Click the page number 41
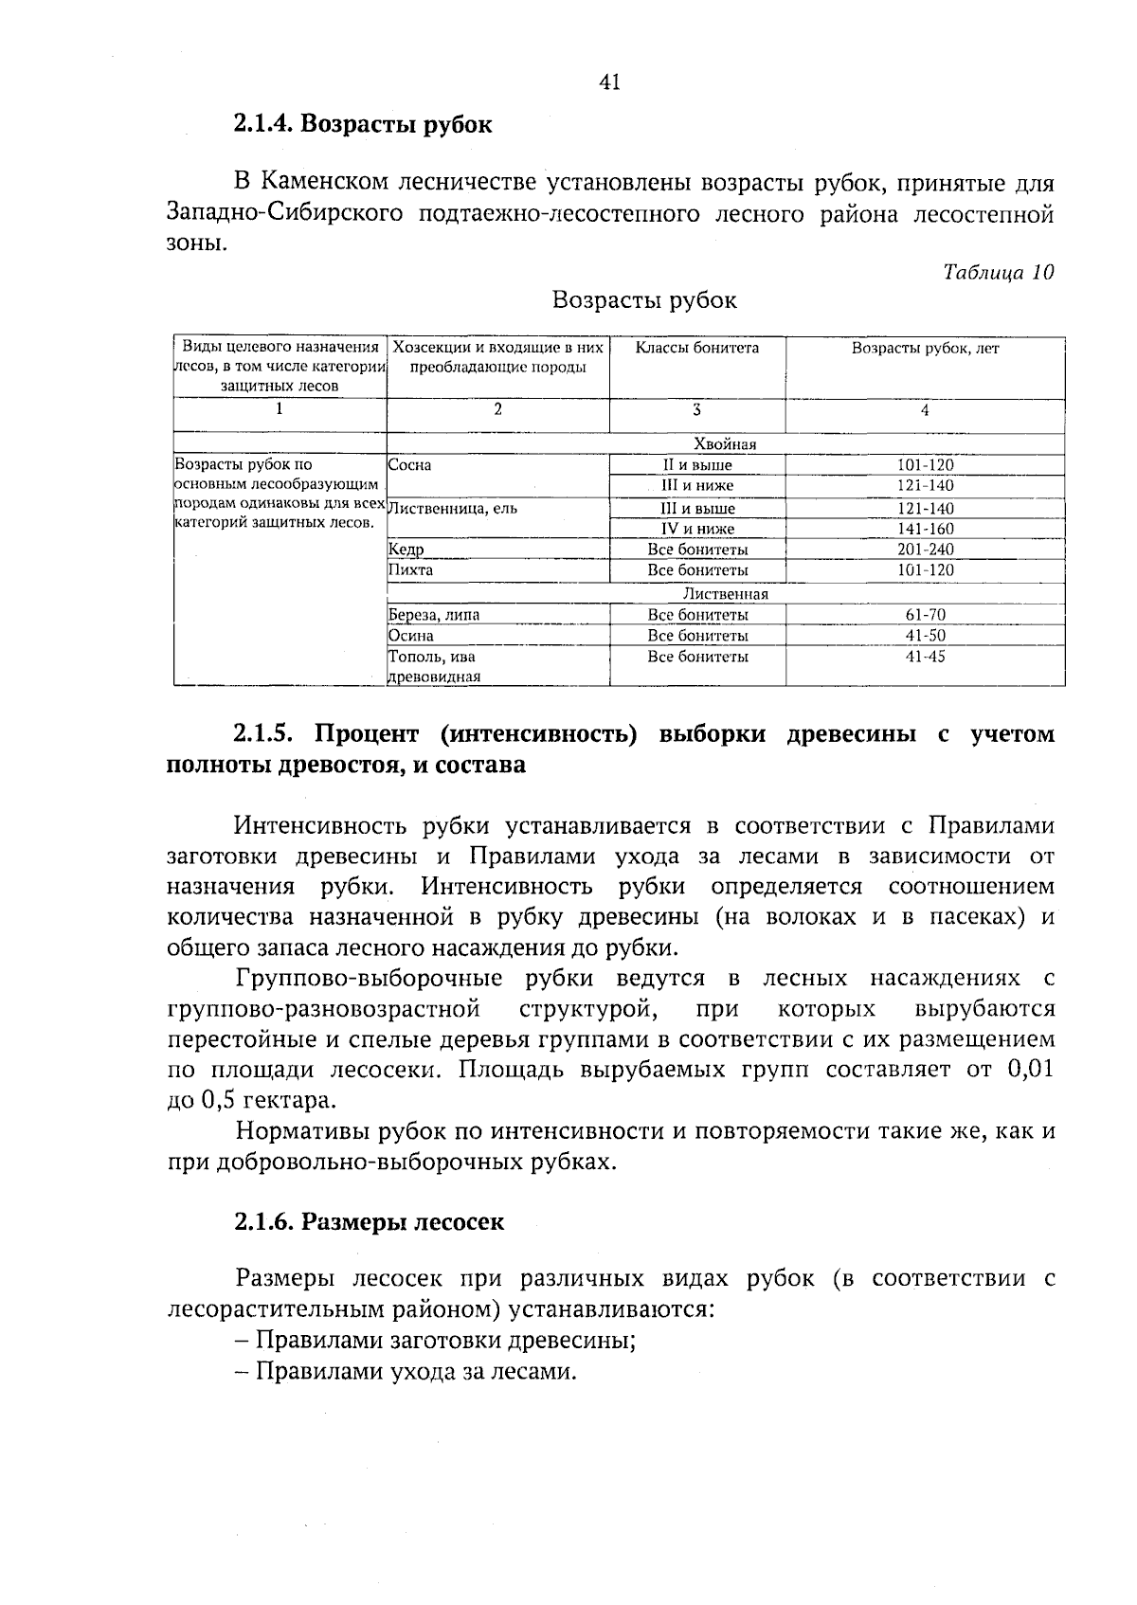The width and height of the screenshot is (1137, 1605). pos(609,82)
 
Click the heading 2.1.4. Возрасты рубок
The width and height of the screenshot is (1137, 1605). pos(363,124)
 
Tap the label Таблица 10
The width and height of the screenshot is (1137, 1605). pos(998,273)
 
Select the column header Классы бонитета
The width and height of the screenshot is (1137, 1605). pos(696,349)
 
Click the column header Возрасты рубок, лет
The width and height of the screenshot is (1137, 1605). pos(925,349)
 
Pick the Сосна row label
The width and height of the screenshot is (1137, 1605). pos(409,465)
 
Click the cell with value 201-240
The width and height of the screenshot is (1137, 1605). pos(925,550)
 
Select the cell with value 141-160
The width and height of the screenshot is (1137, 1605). pos(925,529)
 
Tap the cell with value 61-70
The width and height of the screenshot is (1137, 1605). pos(925,615)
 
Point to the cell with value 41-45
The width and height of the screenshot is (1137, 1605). pos(925,657)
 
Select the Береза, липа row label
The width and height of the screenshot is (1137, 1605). pos(434,615)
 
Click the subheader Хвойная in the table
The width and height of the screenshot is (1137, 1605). pos(725,444)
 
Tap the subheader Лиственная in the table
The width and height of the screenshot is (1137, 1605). pos(725,594)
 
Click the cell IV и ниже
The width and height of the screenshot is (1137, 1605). pos(697,529)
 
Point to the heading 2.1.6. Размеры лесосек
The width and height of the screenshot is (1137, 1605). pos(369,1222)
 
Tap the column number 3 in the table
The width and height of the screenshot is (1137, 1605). pos(696,410)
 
